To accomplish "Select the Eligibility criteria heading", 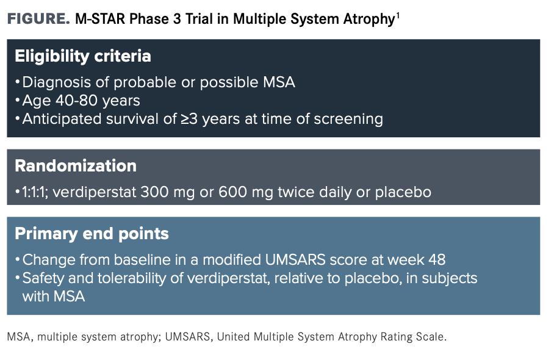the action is coord(83,56).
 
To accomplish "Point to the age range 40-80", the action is coord(77,101).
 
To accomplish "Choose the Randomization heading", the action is coord(76,166).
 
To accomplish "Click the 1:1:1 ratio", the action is coord(35,192).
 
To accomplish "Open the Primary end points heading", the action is coord(92,234).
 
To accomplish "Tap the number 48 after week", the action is coord(437,260).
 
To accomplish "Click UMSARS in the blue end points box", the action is coord(295,260).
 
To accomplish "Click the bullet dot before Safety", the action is coord(17,278).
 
